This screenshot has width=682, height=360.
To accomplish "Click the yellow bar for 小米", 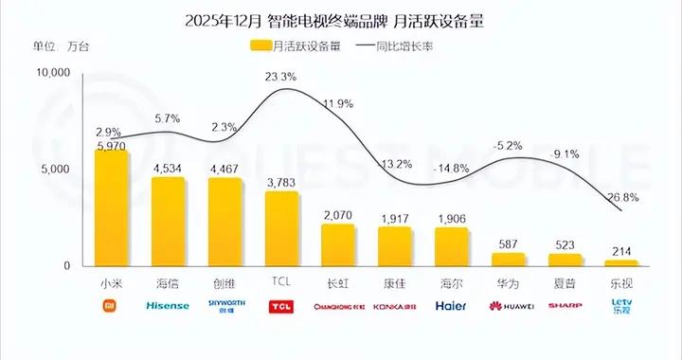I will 112,208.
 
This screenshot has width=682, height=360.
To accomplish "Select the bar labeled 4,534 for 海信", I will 169,222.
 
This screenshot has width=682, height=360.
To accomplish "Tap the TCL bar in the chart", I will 282,229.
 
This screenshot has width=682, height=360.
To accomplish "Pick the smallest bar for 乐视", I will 621,262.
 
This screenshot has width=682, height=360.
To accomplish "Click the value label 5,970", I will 110,146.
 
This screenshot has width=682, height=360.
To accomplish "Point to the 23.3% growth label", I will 282,77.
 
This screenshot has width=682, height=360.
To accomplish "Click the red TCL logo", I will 281,306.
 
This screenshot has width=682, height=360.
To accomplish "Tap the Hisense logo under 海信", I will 168,306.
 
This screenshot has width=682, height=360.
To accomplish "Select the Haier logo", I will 451,306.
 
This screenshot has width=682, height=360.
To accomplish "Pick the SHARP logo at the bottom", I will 565,306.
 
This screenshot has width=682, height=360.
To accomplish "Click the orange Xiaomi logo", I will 111,306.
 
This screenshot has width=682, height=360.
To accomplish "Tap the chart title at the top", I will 341,19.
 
